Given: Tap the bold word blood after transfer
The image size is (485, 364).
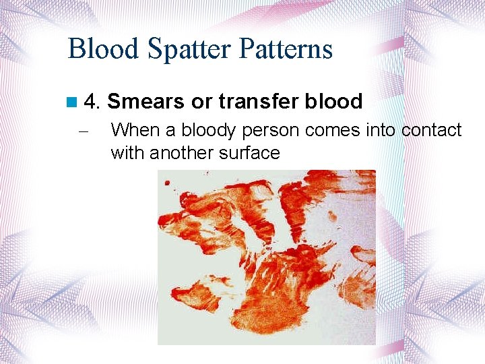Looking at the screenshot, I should (333, 102).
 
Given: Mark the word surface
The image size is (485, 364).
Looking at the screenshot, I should (249, 153).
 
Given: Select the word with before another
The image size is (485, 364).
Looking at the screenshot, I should (127, 153).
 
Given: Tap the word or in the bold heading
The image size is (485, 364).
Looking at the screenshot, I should (201, 102).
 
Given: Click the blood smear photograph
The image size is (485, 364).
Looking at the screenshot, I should (266, 257).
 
